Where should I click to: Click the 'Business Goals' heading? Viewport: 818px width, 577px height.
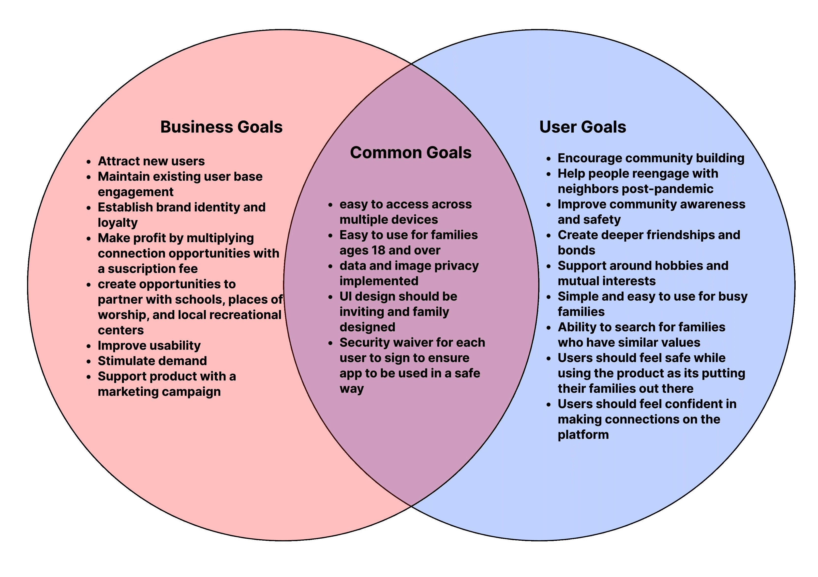pyautogui.click(x=221, y=127)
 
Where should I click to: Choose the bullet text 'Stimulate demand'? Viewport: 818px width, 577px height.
pyautogui.click(x=152, y=361)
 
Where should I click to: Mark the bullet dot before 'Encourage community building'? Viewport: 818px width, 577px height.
pyautogui.click(x=549, y=159)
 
